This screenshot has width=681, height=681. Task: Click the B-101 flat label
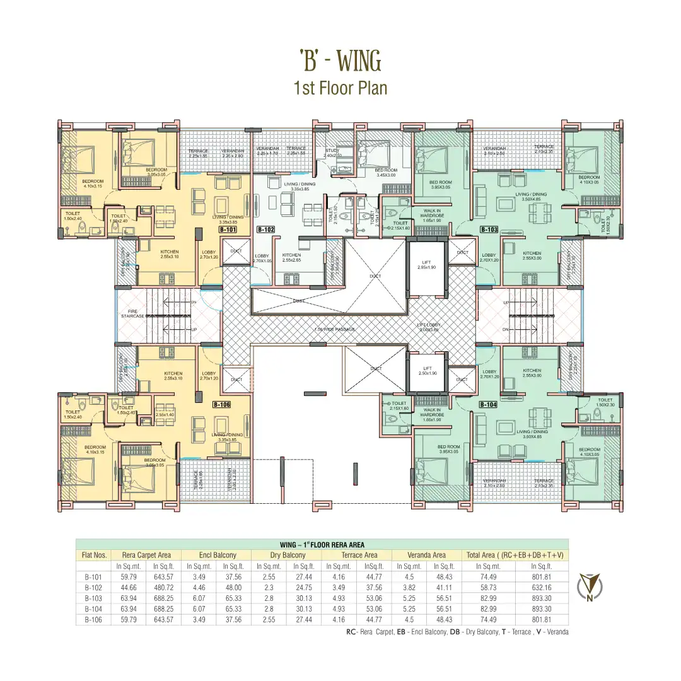(228, 230)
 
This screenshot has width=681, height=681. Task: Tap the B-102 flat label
(265, 230)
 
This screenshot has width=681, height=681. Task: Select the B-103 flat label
(489, 230)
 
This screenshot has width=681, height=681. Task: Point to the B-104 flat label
(489, 404)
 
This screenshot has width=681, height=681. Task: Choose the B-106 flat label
(221, 404)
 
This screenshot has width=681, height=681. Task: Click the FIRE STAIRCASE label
(132, 313)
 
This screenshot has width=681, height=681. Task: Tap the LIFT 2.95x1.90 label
(426, 264)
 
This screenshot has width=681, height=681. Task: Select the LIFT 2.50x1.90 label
(426, 371)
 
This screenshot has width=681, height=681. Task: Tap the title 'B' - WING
(340, 61)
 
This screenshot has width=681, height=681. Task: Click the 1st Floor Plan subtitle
(340, 87)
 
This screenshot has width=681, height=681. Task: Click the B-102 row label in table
(93, 587)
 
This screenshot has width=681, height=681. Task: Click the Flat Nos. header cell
(93, 555)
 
